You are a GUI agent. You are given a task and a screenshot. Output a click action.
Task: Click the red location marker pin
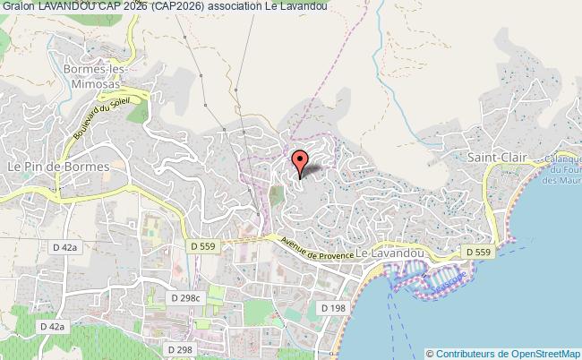click(300, 165)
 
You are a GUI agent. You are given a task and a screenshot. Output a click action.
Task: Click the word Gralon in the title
click(18, 6)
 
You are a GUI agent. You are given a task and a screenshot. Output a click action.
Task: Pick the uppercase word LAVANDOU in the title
click(67, 6)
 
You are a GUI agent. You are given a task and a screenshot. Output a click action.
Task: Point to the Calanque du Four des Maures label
click(564, 169)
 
